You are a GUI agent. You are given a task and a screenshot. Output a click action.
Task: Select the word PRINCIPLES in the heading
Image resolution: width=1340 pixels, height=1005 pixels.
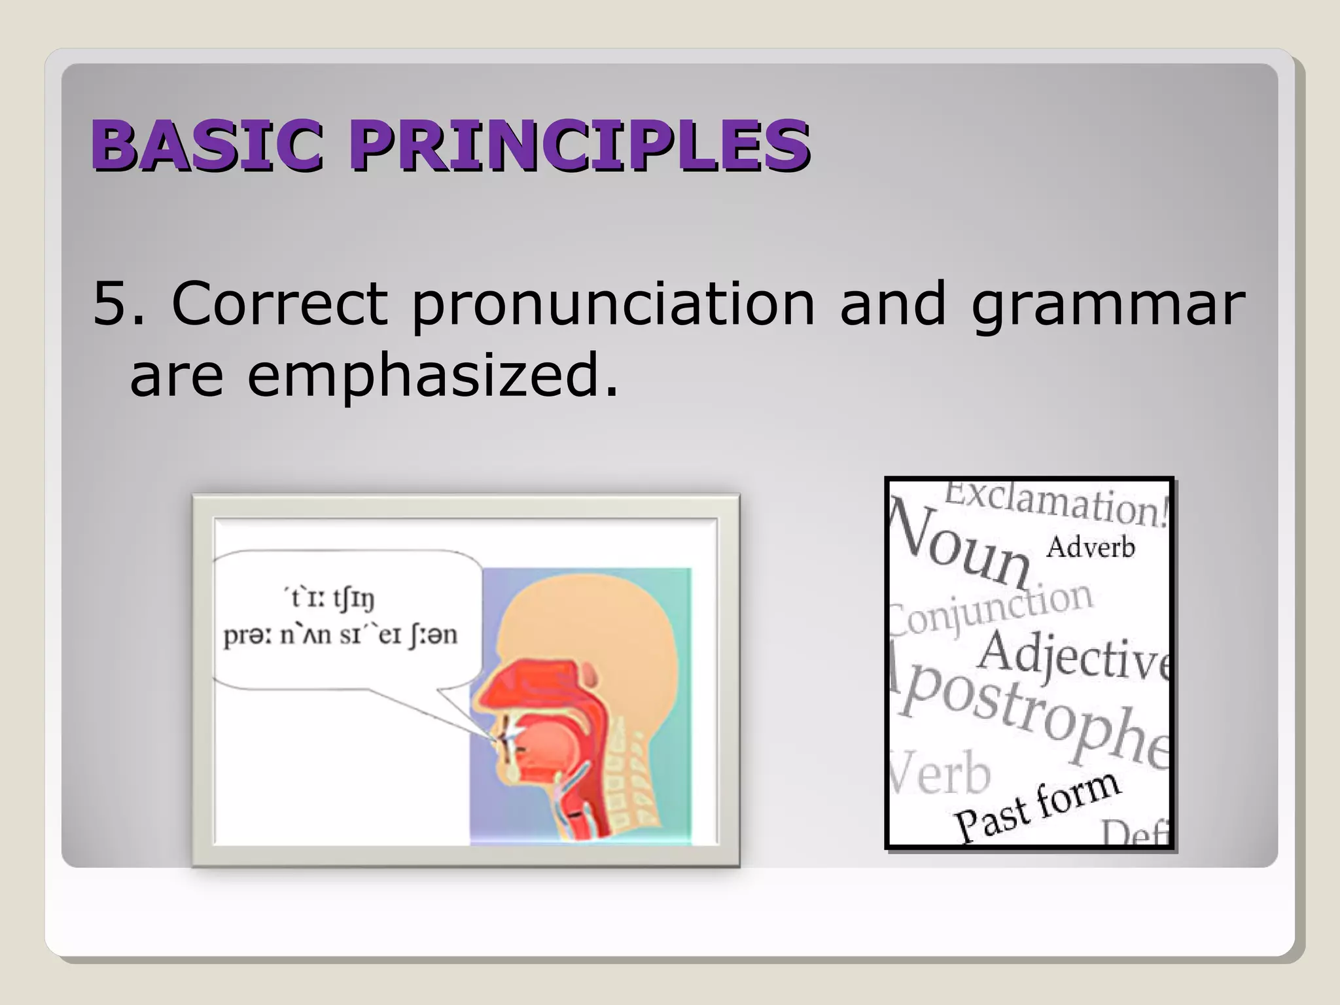click(579, 145)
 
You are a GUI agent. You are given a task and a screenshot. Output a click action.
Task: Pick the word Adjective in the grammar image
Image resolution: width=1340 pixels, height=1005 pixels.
click(1073, 658)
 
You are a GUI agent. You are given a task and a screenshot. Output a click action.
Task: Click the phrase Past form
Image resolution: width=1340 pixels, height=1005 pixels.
click(1037, 806)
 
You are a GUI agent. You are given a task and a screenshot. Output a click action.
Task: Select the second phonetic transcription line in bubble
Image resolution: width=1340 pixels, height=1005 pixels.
click(340, 635)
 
